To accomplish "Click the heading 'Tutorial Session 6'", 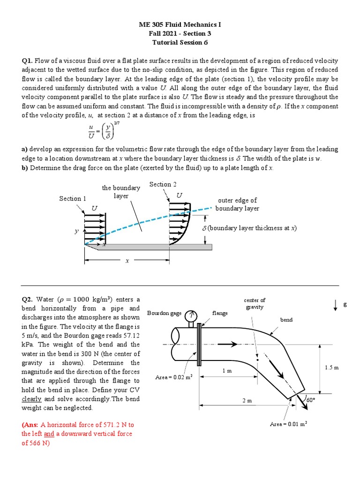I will click(x=180, y=42).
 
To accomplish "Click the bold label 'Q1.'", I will click(x=28, y=61).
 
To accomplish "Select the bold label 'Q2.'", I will click(x=28, y=300).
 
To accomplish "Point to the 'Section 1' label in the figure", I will click(x=73, y=199).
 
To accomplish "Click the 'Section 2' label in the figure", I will click(x=163, y=184).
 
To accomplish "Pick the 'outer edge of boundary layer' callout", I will click(x=237, y=204).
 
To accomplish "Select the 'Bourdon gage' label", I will click(x=164, y=313).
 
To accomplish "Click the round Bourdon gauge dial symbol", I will click(x=191, y=316).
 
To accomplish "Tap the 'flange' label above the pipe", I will click(x=220, y=313).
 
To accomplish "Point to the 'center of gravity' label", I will click(x=255, y=303).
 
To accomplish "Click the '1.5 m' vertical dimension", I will click(x=331, y=368).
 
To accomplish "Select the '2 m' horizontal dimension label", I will click(x=247, y=401).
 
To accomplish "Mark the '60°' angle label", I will click(x=310, y=400).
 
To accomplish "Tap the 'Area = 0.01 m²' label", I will click(x=288, y=424).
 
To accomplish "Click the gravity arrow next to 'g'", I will click(x=336, y=305).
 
